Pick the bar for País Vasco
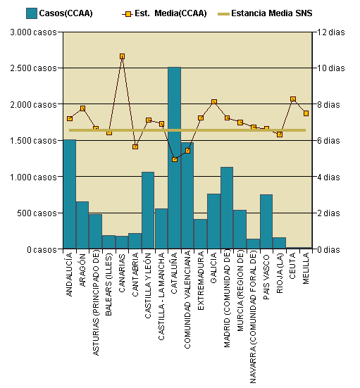(x=266, y=222)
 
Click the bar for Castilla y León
(x=148, y=211)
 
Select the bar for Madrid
(x=227, y=208)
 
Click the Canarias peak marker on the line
(x=122, y=56)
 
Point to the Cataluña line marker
(x=174, y=159)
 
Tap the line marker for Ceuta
(x=292, y=99)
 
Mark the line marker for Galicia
(x=214, y=102)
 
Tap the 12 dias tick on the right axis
(x=331, y=32)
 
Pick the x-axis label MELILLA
(x=306, y=270)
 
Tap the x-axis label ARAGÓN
(x=82, y=269)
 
